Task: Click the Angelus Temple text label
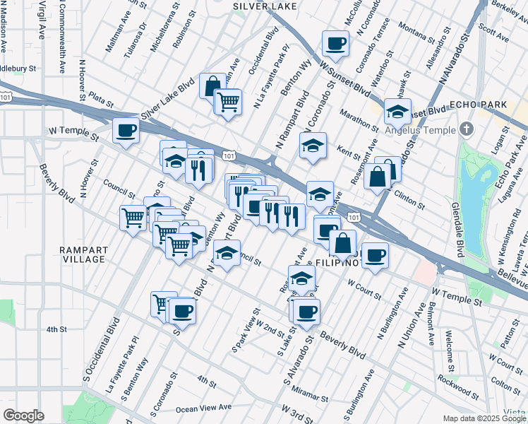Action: coord(420,129)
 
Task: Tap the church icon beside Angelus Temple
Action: coord(465,129)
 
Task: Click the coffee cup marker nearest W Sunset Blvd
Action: coord(335,44)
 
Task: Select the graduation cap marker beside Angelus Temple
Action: coord(398,111)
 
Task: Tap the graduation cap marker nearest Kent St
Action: coord(313,146)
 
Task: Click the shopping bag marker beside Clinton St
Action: coord(378,177)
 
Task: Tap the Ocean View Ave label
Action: coord(203,408)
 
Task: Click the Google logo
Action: coord(23,415)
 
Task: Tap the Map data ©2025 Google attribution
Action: coord(484,418)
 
